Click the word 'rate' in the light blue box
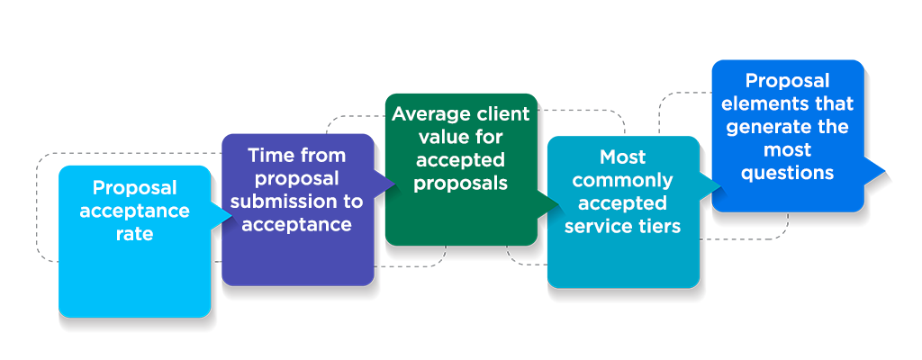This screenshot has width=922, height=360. tap(134, 234)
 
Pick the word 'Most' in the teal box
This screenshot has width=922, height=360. tap(623, 157)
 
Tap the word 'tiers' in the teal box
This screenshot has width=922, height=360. tap(659, 226)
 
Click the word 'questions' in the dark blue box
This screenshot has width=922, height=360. tap(788, 172)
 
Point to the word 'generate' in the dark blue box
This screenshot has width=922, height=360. tap(765, 127)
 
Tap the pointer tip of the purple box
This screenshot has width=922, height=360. tap(396, 184)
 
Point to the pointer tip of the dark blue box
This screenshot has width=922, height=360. tap(886, 171)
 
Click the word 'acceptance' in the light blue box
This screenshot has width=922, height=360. tap(135, 211)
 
